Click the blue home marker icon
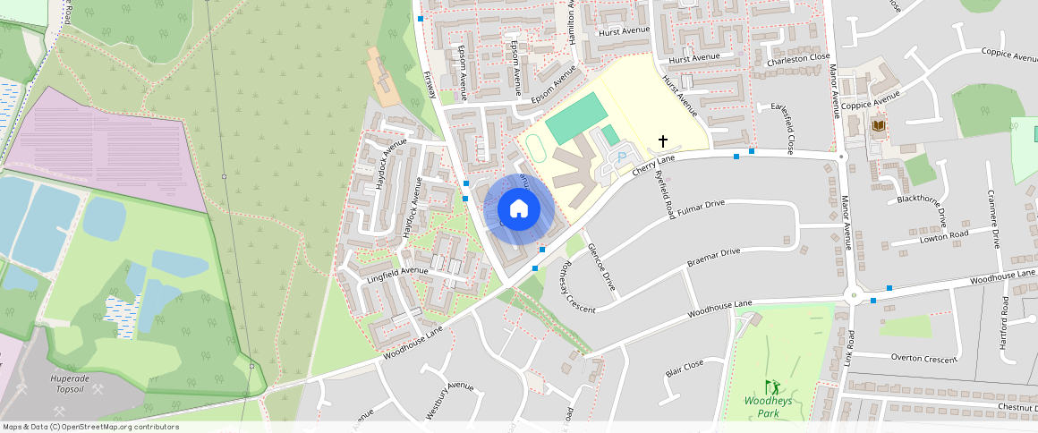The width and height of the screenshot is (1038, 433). (x=518, y=209)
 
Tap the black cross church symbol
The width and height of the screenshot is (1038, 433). (x=663, y=140)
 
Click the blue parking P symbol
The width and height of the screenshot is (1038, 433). (x=622, y=157)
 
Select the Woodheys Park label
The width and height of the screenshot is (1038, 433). (x=768, y=407)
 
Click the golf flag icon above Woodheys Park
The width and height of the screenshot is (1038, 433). (x=771, y=387)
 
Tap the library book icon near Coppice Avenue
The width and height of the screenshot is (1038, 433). (x=878, y=126)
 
